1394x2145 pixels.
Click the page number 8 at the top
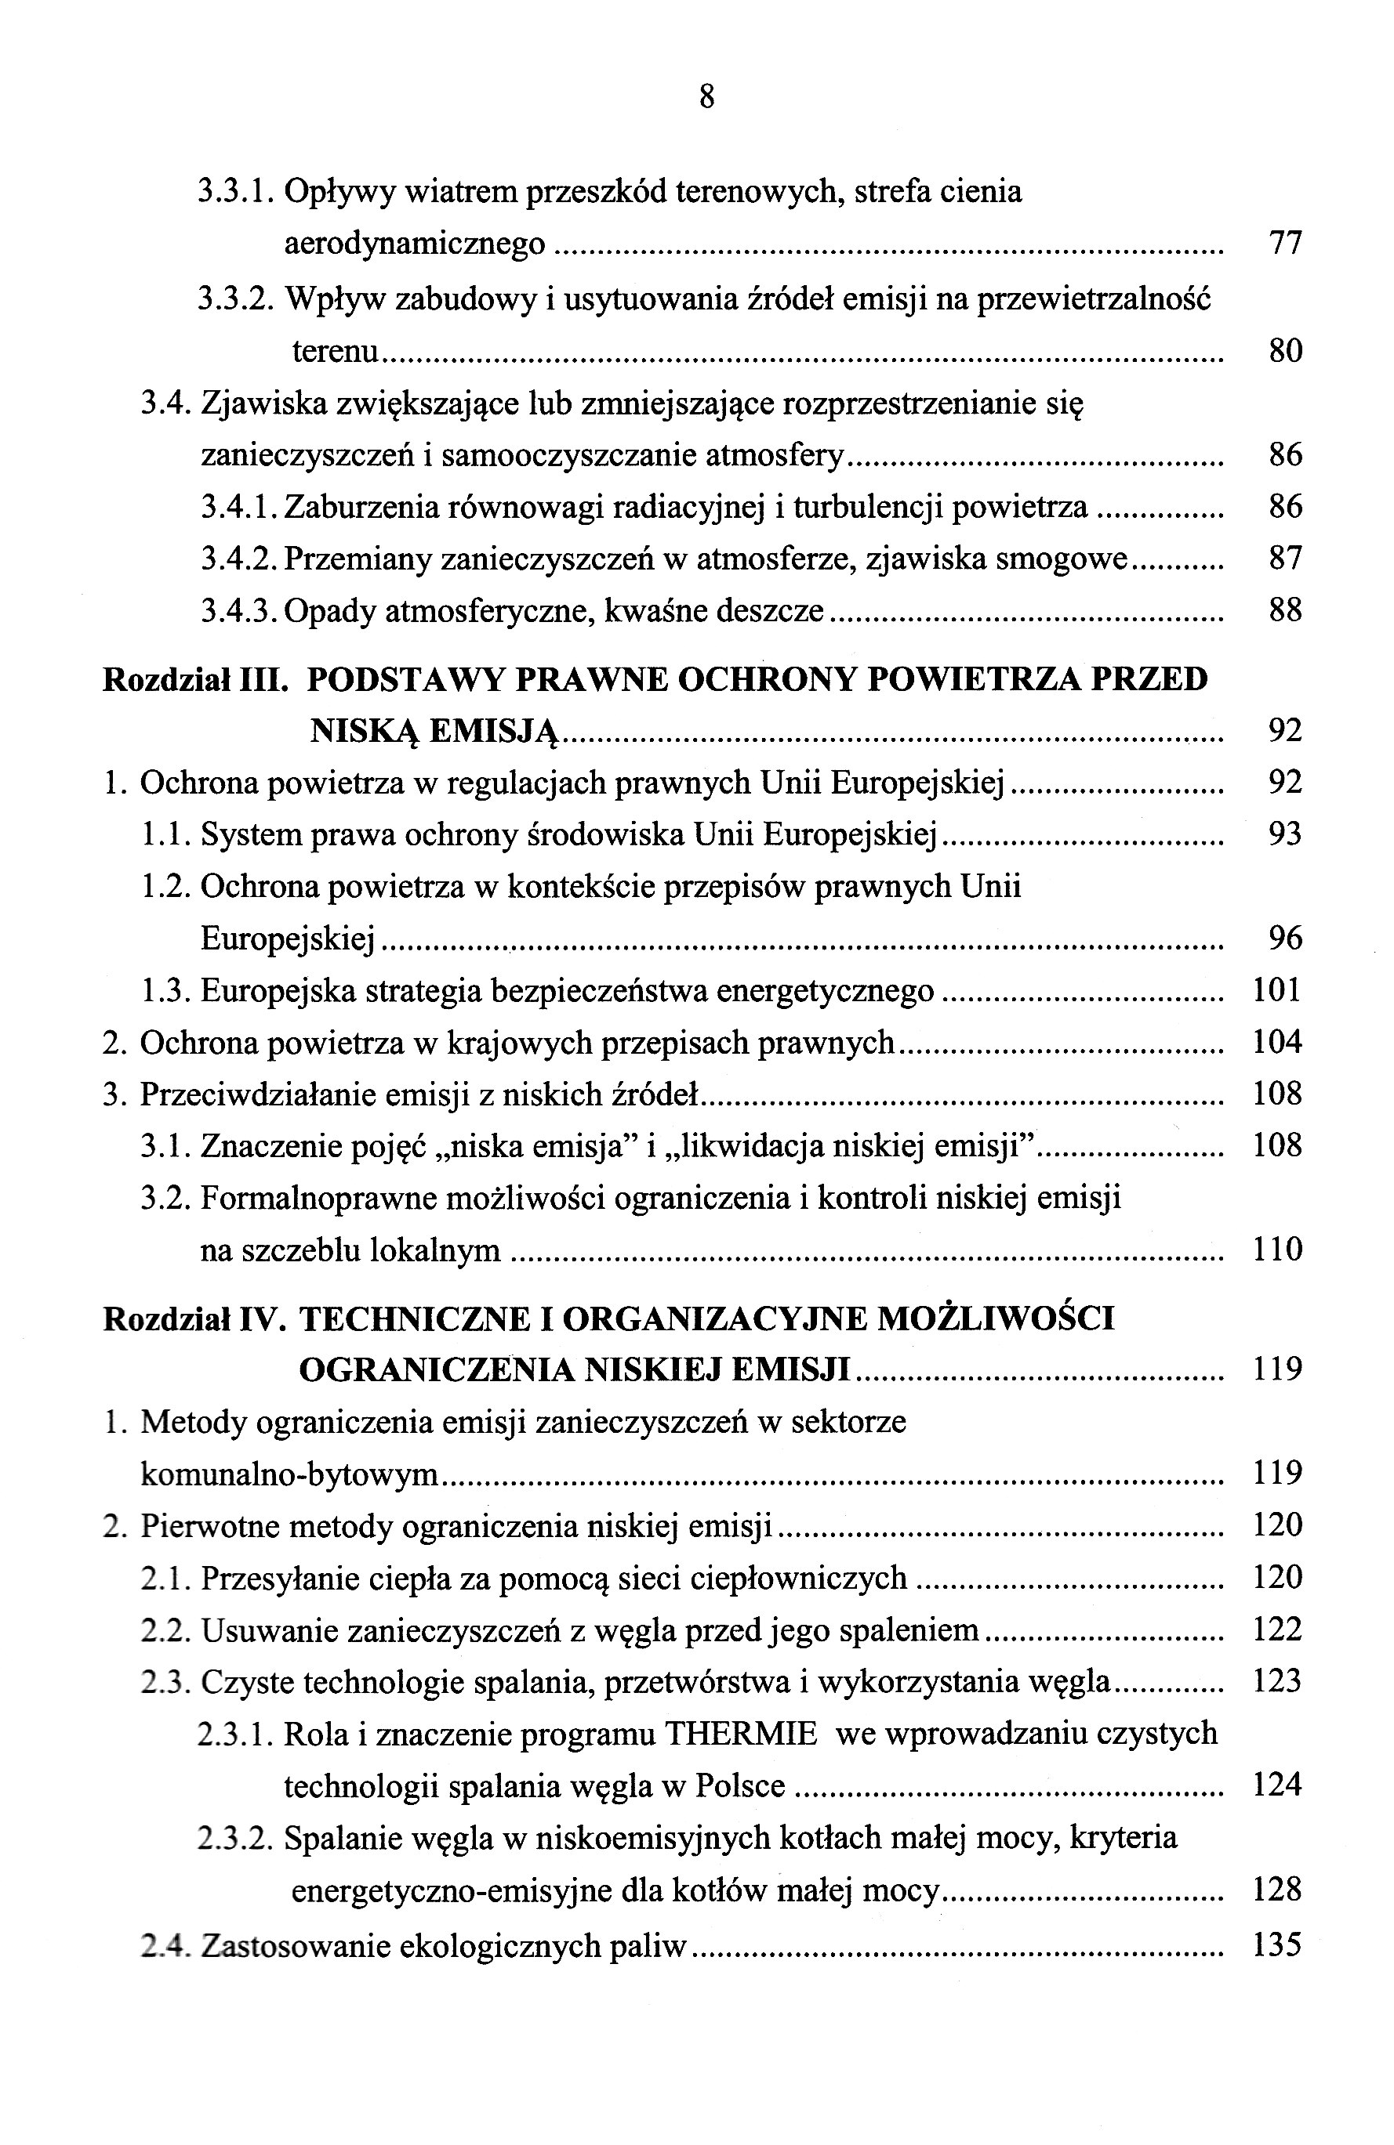pos(706,96)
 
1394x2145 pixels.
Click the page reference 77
pos(1285,244)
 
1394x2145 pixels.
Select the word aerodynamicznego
pos(415,244)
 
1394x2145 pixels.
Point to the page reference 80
pos(1285,349)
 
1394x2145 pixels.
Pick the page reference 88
pos(1285,611)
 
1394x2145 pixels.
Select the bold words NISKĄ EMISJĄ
pos(434,731)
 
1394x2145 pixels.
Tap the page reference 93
pos(1285,834)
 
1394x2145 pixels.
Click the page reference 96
pos(1285,939)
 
